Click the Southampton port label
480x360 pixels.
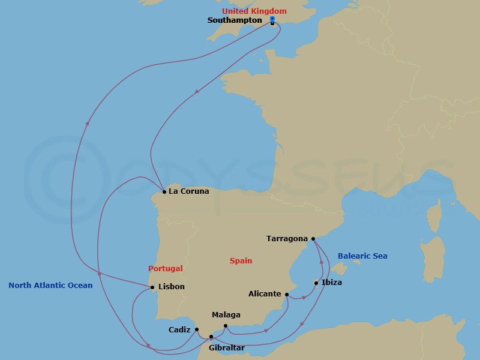point(234,20)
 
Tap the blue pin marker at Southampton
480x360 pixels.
point(272,20)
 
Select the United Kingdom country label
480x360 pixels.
point(254,11)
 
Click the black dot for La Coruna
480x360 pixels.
point(164,192)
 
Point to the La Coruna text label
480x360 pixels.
point(189,191)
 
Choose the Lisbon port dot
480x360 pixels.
point(152,287)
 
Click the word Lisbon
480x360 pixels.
point(171,287)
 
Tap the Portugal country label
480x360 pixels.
point(165,269)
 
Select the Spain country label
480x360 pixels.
point(241,261)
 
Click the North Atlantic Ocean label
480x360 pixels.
point(50,286)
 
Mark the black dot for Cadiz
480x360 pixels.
point(197,329)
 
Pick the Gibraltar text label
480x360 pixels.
point(227,347)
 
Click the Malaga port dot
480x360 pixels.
point(225,326)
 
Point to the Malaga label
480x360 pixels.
point(226,315)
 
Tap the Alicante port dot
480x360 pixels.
point(287,295)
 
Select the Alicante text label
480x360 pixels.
point(265,294)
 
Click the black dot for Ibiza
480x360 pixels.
point(316,283)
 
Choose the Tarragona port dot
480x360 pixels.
point(313,239)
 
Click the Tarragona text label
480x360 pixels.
point(287,239)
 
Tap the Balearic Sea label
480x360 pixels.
point(362,256)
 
